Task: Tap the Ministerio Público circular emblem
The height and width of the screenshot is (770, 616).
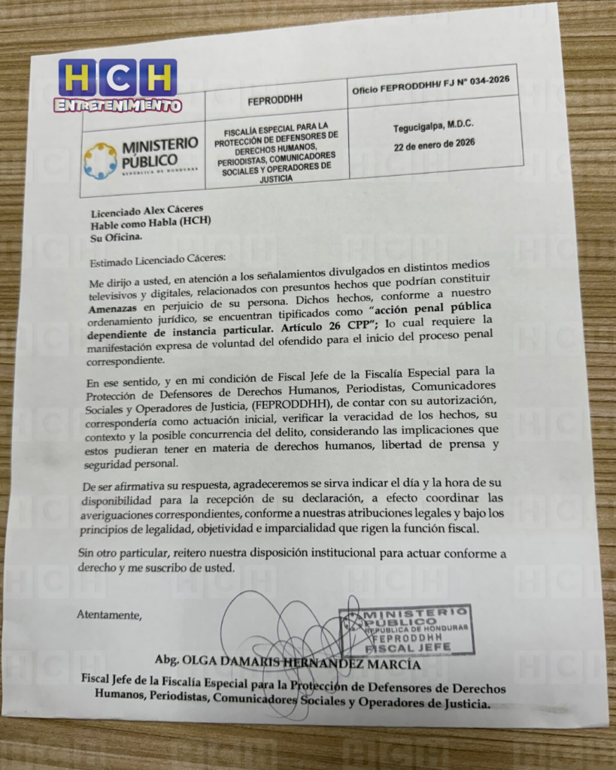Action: [100, 160]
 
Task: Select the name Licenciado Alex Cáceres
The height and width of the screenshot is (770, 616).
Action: [147, 210]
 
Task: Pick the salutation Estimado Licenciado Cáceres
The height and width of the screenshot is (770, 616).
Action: [151, 262]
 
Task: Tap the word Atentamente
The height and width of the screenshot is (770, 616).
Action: [109, 615]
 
